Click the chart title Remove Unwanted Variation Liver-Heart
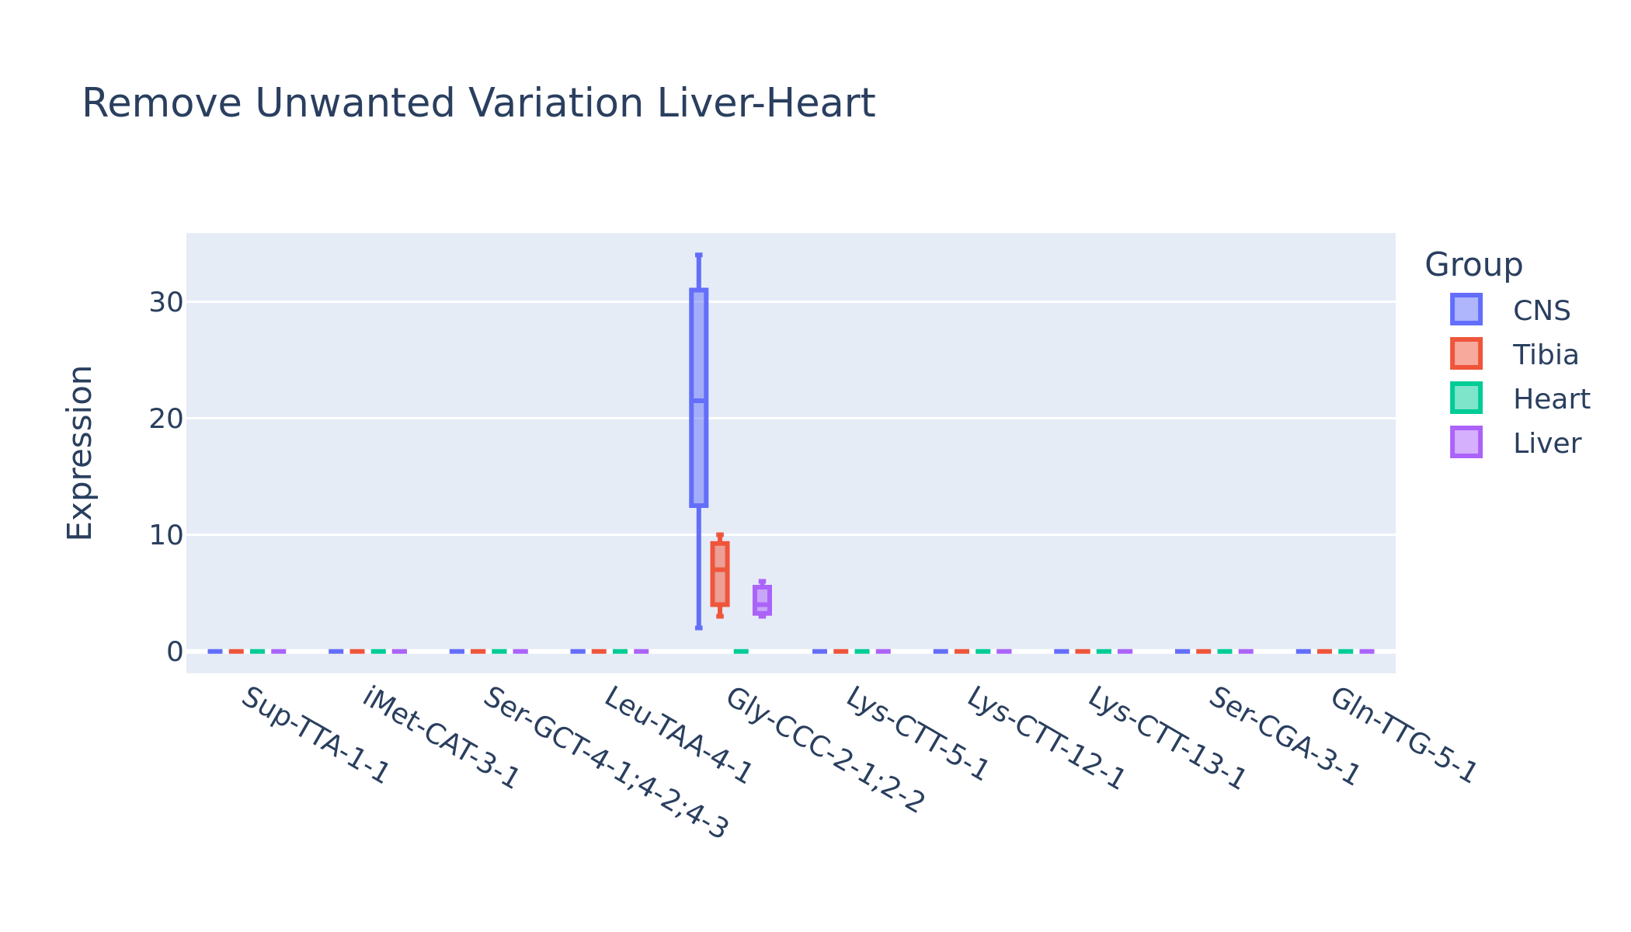478,104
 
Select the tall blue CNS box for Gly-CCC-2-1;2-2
699,398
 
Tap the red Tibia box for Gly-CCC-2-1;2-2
720,574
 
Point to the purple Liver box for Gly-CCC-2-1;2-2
762,600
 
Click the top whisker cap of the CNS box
699,255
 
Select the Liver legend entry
1515,443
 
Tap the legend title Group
1473,266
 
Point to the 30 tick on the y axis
166,302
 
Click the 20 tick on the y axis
166,419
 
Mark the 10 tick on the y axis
166,534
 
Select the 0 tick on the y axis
175,651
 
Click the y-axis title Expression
79,453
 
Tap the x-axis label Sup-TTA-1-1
314,736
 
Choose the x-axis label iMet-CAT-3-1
440,739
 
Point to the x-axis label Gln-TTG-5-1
1403,736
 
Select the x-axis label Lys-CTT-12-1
1045,739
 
